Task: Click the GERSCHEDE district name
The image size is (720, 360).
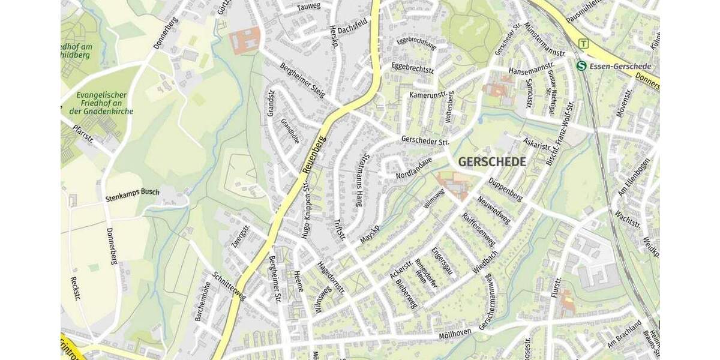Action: point(492,162)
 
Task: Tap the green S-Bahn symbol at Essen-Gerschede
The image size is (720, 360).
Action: point(581,65)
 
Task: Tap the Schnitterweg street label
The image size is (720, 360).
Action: point(230,287)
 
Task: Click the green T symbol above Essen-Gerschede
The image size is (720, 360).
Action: point(583,43)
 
